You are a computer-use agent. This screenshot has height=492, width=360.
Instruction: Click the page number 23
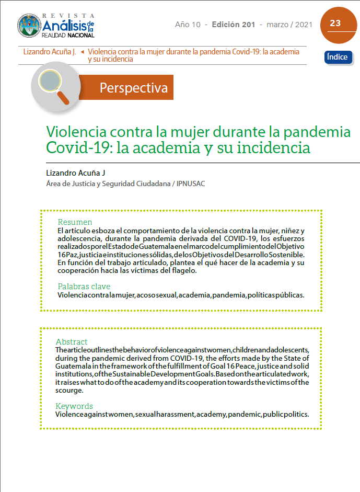(335, 24)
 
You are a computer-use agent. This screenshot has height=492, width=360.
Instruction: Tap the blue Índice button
(337, 57)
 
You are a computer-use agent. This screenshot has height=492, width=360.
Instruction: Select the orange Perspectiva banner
(133, 87)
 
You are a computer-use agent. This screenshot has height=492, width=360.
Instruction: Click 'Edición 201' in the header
(234, 25)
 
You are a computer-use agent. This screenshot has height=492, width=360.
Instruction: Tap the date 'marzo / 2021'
(289, 25)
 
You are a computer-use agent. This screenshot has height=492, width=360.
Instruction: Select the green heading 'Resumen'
(75, 222)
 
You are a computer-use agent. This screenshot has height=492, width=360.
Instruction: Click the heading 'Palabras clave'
(84, 286)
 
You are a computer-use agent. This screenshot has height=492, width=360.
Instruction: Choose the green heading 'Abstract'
(72, 341)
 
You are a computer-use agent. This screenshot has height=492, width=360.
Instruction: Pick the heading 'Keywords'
(74, 406)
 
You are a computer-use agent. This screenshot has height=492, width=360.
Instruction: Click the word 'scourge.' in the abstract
(68, 390)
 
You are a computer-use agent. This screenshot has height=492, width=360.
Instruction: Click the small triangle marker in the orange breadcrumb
(83, 52)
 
